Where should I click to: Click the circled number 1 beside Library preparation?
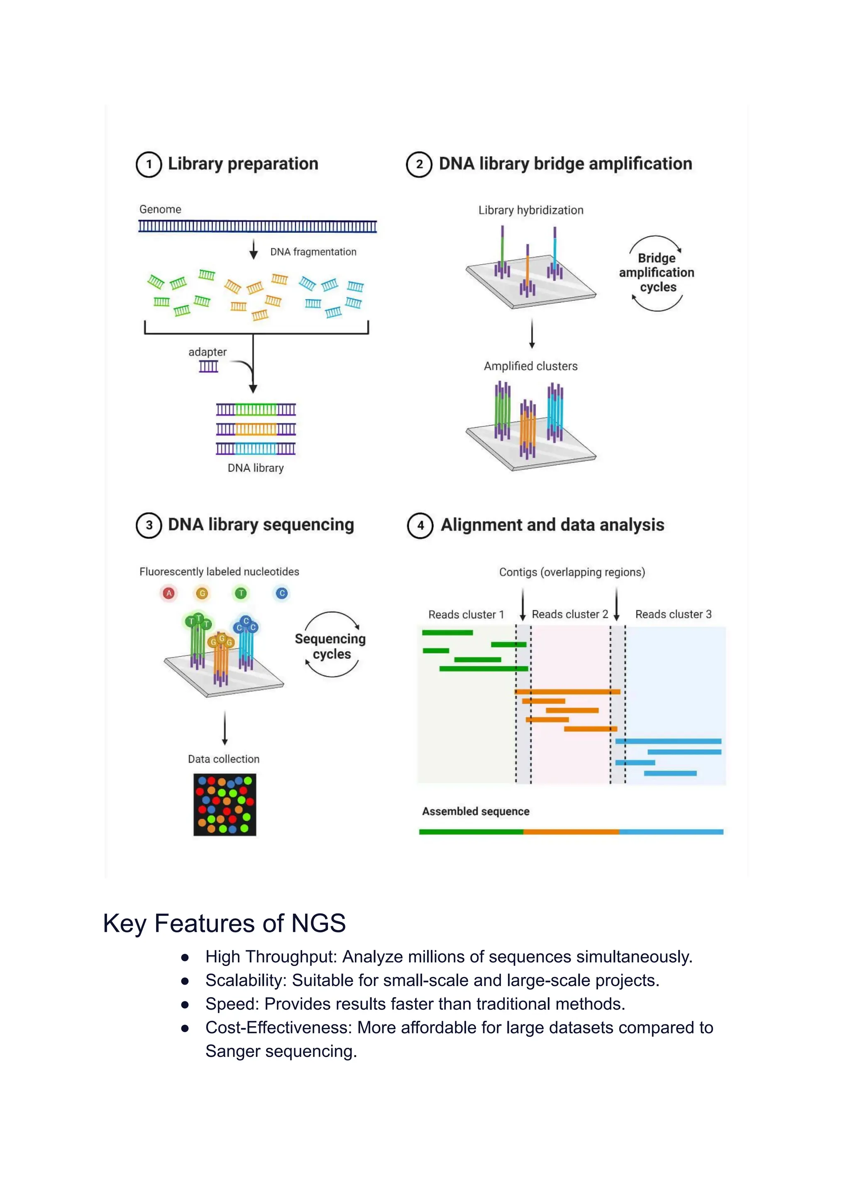(149, 164)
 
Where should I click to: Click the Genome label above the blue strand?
(160, 209)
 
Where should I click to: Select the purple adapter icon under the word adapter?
(208, 367)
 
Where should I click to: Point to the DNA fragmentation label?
(313, 252)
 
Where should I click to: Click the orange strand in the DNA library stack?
(256, 429)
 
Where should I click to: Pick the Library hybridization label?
(531, 210)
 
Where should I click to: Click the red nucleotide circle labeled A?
(169, 593)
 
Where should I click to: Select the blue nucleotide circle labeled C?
(281, 593)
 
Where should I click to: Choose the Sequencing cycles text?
(330, 646)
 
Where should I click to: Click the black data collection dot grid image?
(225, 805)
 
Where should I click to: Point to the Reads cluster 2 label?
(569, 614)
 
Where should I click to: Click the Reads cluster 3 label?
(673, 614)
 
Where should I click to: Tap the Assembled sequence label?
(475, 812)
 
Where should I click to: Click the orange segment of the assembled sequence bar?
(571, 832)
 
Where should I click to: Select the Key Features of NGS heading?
(224, 923)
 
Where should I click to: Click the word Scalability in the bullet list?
(245, 980)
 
